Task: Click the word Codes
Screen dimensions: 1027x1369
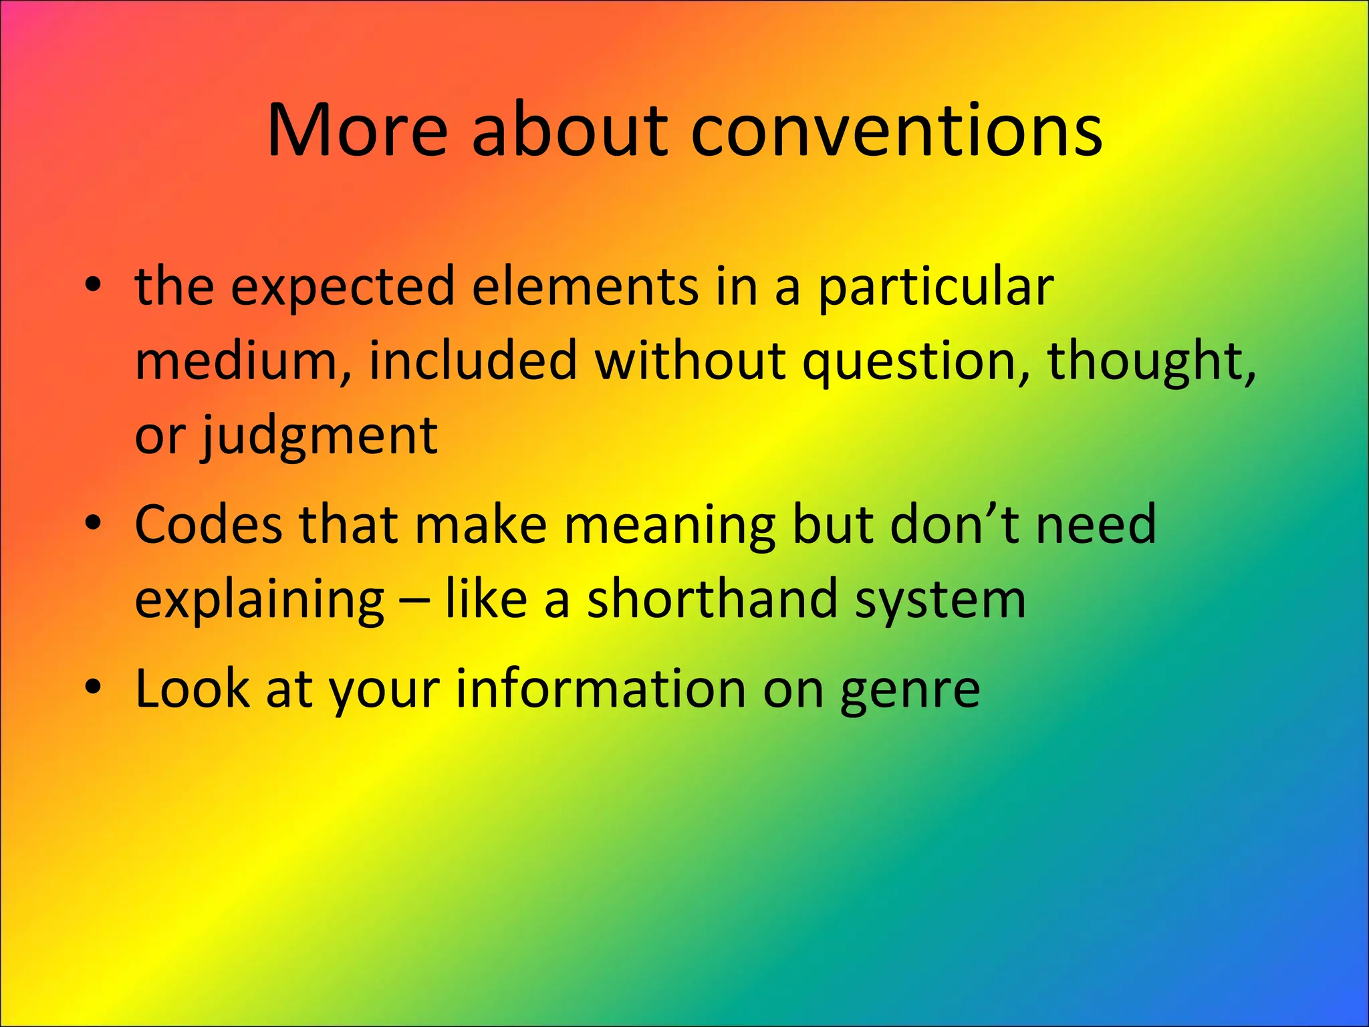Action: tap(209, 525)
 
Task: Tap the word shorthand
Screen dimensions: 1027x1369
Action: tap(713, 598)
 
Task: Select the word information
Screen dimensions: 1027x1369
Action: tap(600, 689)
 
